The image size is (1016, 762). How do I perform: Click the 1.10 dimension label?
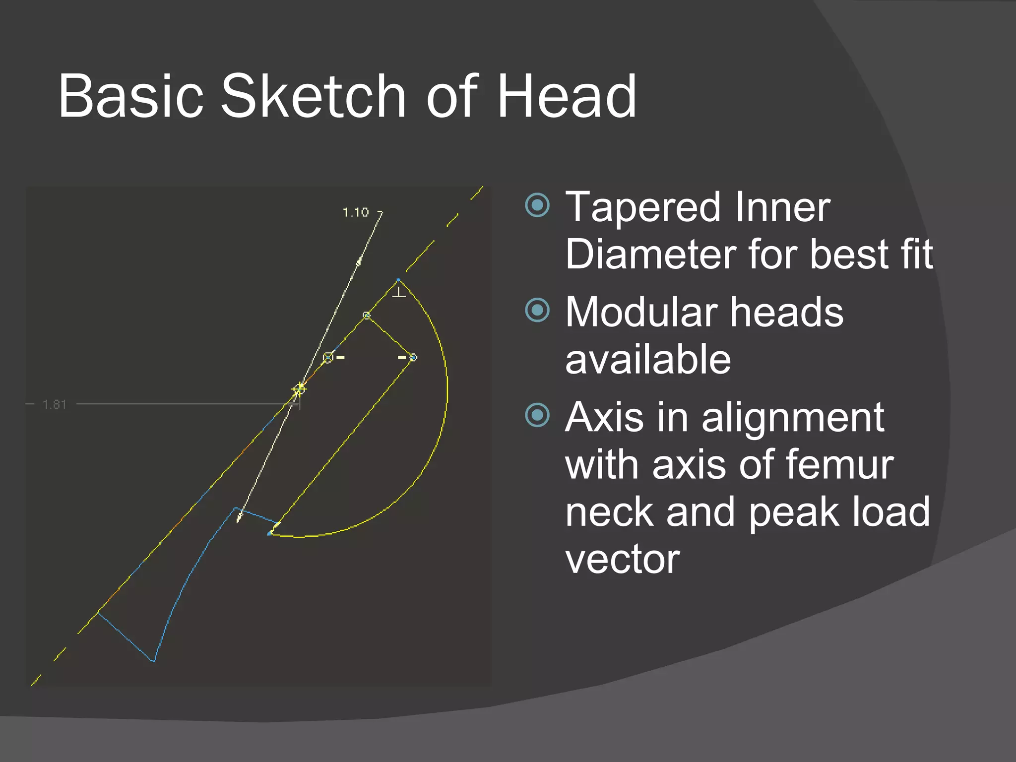coord(356,213)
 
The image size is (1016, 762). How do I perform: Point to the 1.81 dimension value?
coord(55,405)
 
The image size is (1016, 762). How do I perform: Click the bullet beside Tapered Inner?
coord(537,205)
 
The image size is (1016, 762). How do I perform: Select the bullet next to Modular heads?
coord(537,310)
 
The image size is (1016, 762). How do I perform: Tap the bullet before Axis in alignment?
coord(537,415)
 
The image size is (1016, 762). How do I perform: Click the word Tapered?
coord(643,207)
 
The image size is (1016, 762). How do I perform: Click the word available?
coord(648,360)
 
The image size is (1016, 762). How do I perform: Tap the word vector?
coord(623,560)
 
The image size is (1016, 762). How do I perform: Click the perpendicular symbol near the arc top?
coord(399,293)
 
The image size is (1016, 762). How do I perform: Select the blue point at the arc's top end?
coord(398,280)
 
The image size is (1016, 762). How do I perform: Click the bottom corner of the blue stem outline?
coord(153,661)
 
